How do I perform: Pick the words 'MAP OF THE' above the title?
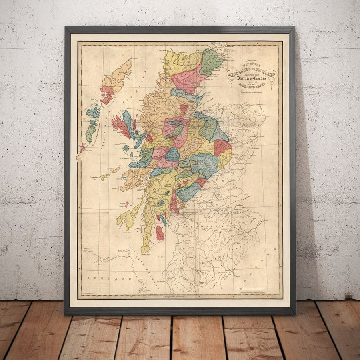point(252,64)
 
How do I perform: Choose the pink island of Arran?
point(160,232)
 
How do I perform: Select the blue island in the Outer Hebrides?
point(94,112)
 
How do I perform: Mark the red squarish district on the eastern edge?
point(222,147)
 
